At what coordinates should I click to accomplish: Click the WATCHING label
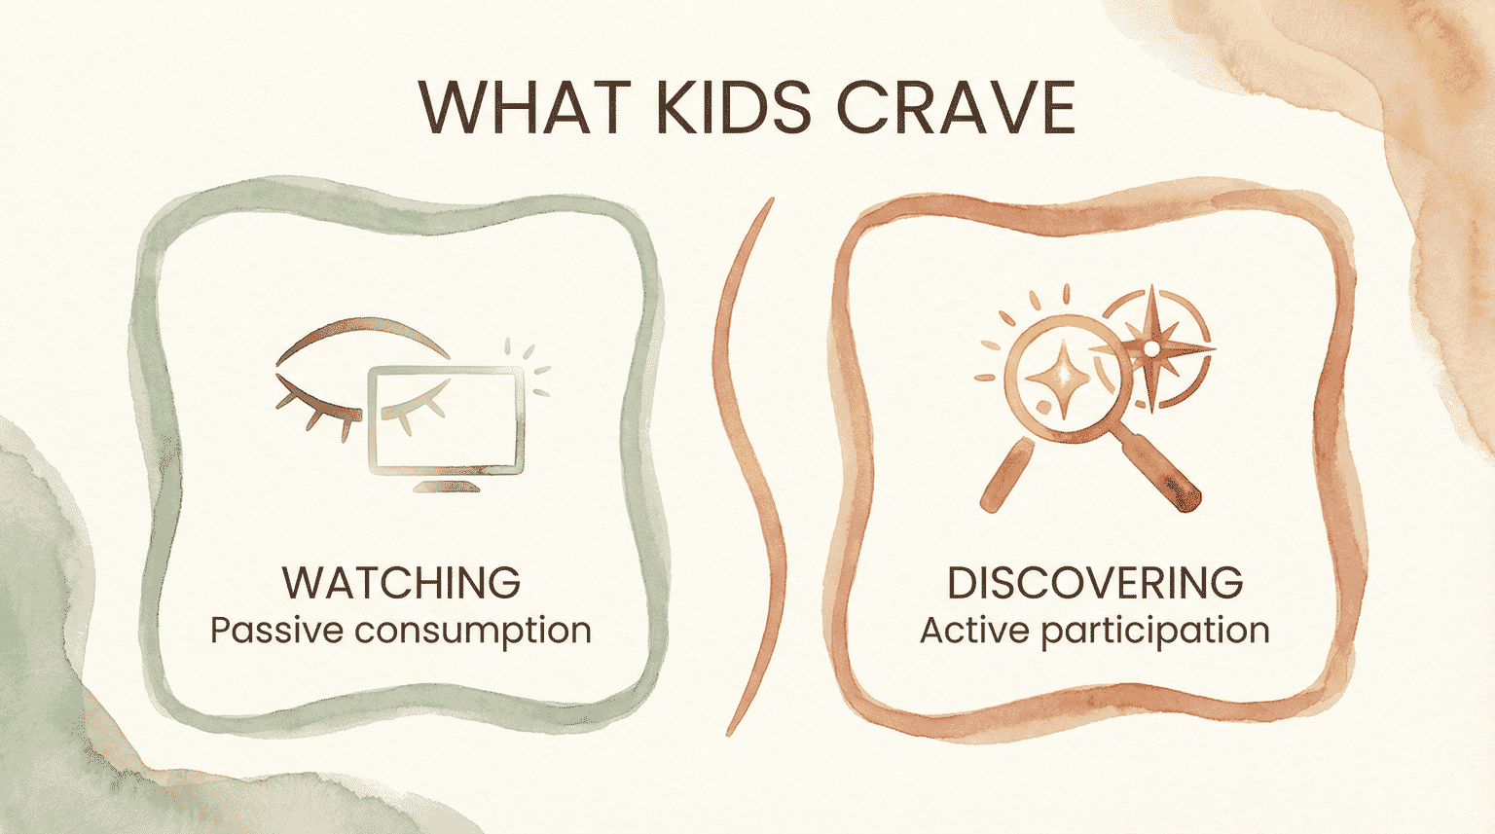coord(401,583)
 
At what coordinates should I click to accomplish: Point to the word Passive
coord(276,631)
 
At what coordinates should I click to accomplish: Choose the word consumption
coord(472,631)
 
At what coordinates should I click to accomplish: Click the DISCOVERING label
coord(1095,583)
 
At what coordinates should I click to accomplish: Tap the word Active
coord(975,631)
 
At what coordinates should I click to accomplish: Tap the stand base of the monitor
coord(447,486)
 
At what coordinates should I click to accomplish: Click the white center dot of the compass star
coord(1151,347)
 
